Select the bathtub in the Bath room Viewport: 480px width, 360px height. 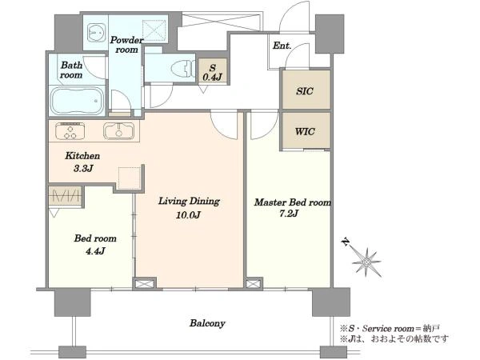coord(78,100)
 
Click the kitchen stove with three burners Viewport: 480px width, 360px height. coord(70,131)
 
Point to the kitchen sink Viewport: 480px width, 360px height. coord(118,131)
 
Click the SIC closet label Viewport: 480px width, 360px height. coord(305,91)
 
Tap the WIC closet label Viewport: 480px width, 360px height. coord(305,131)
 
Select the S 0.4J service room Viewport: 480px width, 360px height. coord(213,71)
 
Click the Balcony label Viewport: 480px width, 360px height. coord(207,323)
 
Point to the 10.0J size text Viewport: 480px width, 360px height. coord(188,215)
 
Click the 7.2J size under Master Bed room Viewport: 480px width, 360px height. coord(288,214)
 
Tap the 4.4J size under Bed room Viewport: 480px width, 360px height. coord(95,251)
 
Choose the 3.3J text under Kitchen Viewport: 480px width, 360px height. coord(82,168)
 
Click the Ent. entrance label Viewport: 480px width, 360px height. coord(282,46)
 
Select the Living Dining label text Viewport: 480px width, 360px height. coord(189,201)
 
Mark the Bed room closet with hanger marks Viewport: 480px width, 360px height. coord(66,196)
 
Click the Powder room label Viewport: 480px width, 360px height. coord(126,45)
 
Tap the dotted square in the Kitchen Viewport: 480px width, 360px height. coord(129,178)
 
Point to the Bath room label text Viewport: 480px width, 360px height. coord(71,70)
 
